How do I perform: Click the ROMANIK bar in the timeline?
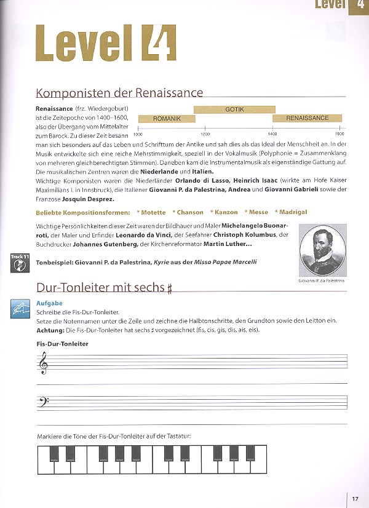click(167, 118)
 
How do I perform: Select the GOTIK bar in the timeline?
click(234, 109)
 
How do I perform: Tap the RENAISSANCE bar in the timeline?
click(307, 118)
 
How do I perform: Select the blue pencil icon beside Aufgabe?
click(20, 310)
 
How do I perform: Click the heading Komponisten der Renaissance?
click(119, 93)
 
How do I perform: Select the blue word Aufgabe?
click(49, 304)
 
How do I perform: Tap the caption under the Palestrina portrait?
click(322, 280)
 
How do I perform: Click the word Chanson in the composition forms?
click(190, 212)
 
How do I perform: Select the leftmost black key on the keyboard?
click(54, 453)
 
